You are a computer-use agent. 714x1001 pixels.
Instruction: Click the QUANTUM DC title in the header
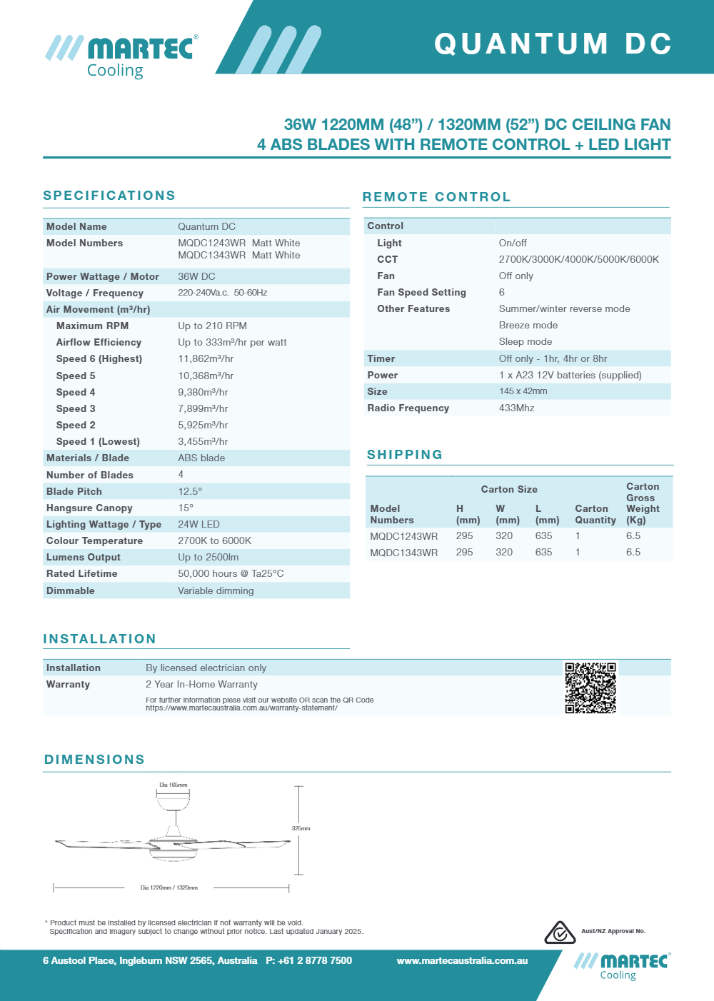553,44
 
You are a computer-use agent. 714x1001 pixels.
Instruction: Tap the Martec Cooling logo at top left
122,56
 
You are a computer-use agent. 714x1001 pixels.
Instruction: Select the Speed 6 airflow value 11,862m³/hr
206,359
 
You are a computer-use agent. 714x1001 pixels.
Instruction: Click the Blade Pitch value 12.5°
190,491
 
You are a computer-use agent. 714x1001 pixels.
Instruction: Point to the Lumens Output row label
84,557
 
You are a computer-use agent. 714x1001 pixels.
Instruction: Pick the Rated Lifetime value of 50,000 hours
231,573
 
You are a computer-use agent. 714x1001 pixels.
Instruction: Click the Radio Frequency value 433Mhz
516,408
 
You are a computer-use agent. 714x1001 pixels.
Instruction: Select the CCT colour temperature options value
578,259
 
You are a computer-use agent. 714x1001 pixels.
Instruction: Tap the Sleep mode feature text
525,342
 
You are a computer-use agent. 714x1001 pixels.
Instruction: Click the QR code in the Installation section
590,688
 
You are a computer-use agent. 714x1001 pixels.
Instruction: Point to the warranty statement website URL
241,708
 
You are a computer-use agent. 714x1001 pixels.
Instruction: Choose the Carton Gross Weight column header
642,503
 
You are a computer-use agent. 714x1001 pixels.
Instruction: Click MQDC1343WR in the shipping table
403,553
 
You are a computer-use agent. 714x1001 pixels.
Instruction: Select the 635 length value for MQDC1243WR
543,536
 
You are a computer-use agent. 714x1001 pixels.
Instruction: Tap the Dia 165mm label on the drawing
173,785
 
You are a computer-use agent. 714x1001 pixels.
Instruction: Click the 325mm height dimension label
301,828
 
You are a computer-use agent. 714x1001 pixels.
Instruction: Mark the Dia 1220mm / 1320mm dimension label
169,887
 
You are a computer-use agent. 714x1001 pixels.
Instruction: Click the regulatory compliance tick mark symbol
560,932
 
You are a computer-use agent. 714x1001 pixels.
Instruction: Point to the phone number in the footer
309,960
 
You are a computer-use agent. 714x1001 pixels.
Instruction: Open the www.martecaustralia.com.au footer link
462,960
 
